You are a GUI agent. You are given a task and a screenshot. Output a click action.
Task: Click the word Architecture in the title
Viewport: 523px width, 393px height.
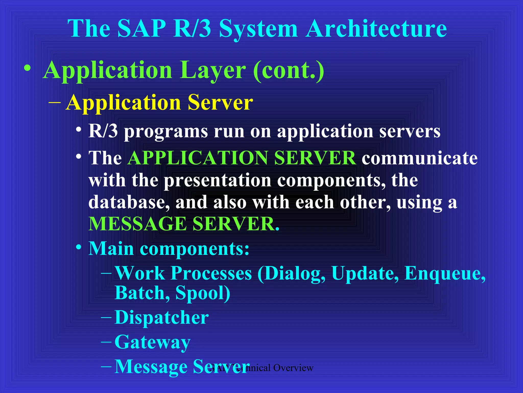click(376, 29)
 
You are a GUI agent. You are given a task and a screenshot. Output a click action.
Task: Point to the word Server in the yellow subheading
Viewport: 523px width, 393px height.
click(220, 102)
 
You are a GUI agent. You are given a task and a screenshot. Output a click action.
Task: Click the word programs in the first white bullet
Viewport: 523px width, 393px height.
click(166, 132)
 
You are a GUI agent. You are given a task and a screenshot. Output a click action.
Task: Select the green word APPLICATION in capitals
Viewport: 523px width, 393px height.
click(198, 158)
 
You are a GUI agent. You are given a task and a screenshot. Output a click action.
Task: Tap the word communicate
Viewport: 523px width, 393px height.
click(419, 158)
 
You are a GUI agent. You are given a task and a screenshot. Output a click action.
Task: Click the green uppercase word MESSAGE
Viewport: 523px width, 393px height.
click(137, 224)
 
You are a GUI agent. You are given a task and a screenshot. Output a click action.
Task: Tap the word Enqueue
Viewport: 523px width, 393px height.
click(445, 273)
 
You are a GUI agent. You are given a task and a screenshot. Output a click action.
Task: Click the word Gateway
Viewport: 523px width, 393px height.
click(152, 342)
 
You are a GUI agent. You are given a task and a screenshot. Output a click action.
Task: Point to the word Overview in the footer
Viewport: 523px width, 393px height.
click(293, 368)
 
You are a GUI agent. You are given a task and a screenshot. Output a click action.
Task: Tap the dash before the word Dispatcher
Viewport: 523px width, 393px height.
click(106, 318)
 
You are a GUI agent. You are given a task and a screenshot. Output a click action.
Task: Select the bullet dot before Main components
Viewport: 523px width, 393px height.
click(79, 247)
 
